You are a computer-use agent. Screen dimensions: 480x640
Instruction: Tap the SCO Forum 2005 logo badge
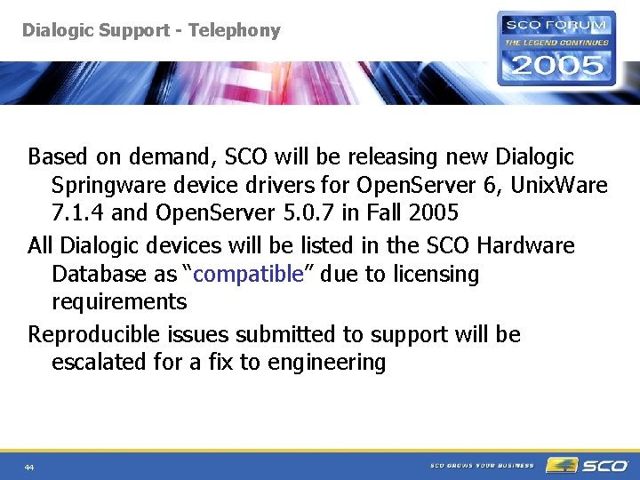click(x=556, y=48)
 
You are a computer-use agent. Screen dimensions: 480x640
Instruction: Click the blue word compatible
click(x=248, y=274)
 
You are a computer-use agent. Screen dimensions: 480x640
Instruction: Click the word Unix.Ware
click(x=557, y=186)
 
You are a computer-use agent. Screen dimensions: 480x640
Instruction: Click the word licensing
click(x=430, y=274)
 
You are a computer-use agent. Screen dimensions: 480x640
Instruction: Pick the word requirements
click(x=119, y=301)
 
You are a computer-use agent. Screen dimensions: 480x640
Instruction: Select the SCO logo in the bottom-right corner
click(x=587, y=465)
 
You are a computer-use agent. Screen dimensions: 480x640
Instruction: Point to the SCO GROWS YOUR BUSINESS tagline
click(x=482, y=465)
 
